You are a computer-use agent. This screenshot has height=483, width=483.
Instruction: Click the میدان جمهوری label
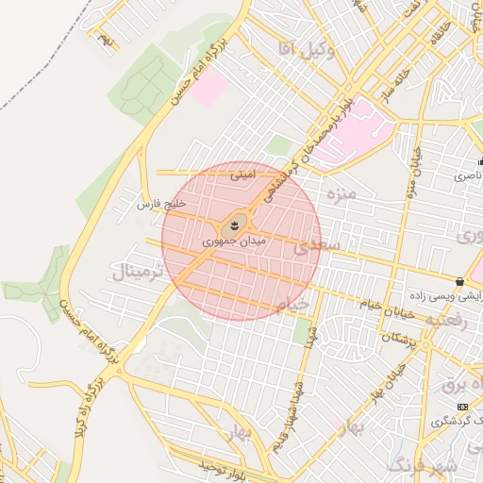(x=235, y=242)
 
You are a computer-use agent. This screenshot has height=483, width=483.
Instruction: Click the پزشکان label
(x=400, y=338)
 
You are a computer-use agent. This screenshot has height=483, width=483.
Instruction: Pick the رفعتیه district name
(x=446, y=320)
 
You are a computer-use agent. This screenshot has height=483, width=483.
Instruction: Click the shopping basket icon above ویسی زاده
(x=459, y=281)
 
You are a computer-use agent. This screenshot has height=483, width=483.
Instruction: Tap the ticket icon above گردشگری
(x=461, y=407)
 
